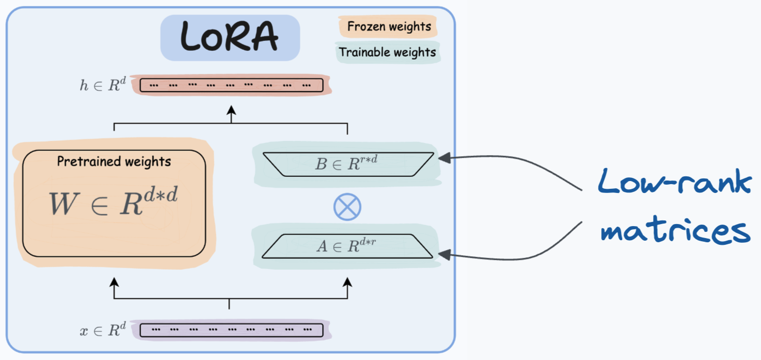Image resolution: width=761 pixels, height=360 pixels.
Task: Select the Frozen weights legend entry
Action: [x=389, y=26]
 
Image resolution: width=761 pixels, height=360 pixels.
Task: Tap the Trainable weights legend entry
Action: [x=388, y=52]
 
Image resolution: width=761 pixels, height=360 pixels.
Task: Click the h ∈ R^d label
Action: [x=103, y=86]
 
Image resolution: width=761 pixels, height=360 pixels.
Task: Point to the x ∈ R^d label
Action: [x=103, y=330]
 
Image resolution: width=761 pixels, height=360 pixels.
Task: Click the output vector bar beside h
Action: [x=231, y=85]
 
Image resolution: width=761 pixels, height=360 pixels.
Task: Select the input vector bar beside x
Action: [x=231, y=329]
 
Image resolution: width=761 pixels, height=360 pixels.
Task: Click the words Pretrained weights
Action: [x=114, y=161]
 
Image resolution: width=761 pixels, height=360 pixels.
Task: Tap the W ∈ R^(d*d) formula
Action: [x=114, y=202]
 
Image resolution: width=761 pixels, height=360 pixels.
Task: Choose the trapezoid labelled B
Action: [x=347, y=164]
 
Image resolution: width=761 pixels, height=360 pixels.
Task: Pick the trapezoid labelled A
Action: [x=347, y=246]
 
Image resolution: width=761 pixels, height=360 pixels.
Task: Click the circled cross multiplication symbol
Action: [x=347, y=207]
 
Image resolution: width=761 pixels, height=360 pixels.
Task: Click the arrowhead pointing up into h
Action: [x=231, y=110]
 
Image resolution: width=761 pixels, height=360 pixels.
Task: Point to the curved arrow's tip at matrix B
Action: [x=443, y=158]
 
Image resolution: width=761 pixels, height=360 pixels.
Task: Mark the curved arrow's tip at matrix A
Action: [x=443, y=254]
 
